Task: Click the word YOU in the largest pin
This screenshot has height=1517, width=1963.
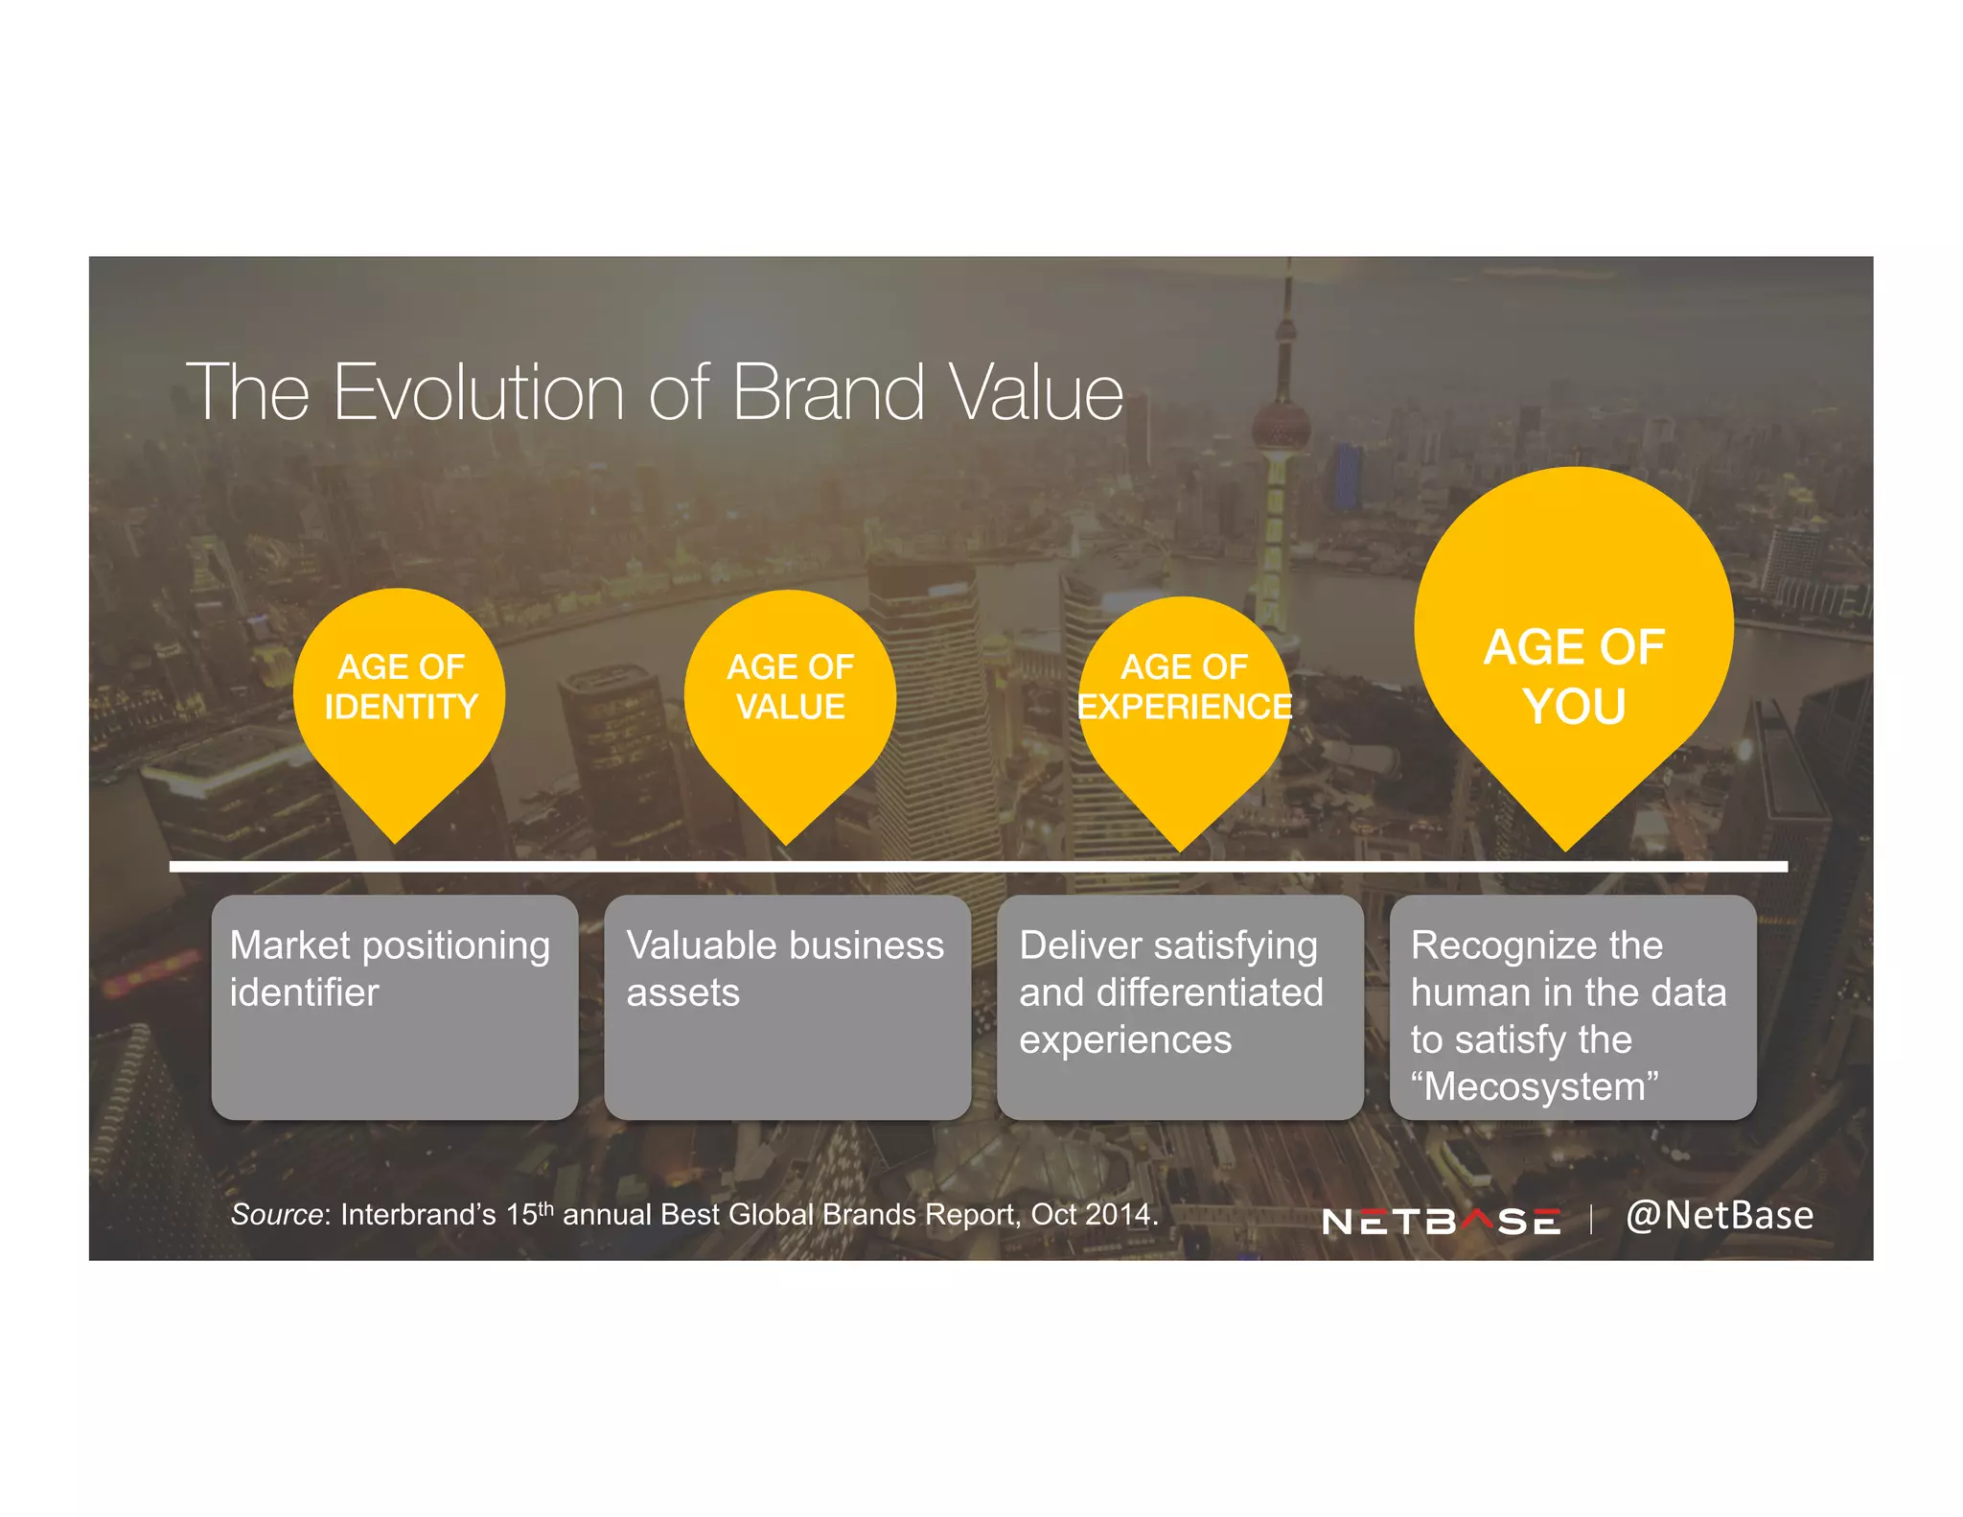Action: (1574, 707)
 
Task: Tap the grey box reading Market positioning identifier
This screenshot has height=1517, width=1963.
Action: (394, 1007)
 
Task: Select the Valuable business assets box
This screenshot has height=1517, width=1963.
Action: (787, 1007)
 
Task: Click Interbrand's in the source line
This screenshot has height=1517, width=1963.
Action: (418, 1214)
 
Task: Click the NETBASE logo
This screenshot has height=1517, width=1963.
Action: (1441, 1221)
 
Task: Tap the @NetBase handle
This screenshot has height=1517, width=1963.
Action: (1719, 1215)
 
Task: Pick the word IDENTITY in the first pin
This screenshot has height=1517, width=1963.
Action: (401, 707)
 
